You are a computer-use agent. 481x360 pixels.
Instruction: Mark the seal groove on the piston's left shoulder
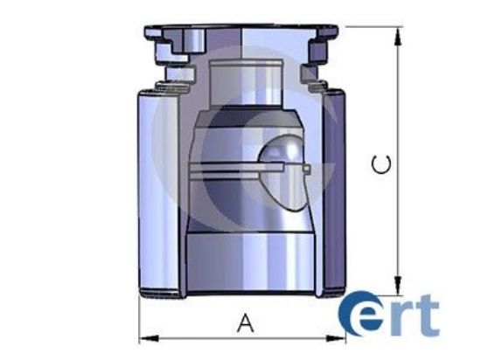[x=164, y=83]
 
